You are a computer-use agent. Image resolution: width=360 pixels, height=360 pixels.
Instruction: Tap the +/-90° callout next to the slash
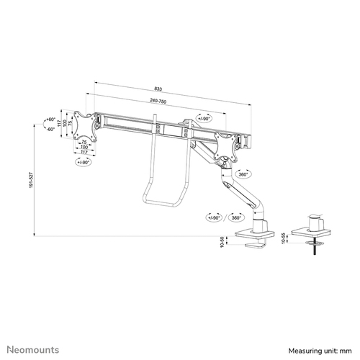pos(214,217)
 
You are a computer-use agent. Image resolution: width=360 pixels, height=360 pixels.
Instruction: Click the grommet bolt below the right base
pos(315,248)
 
